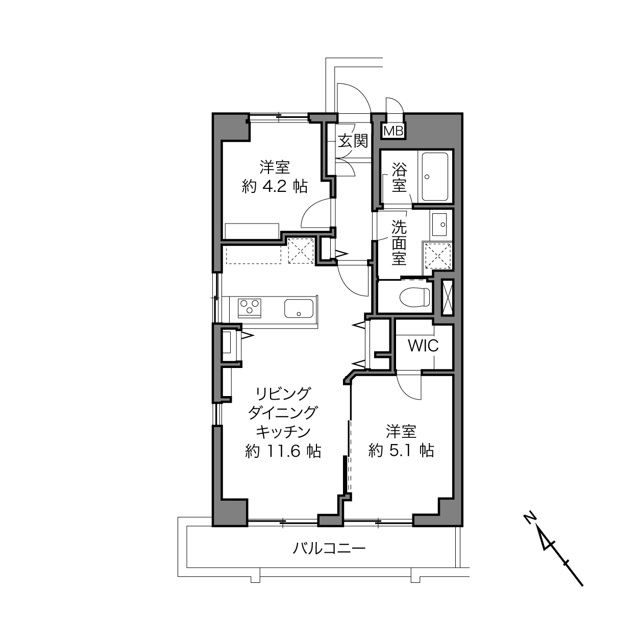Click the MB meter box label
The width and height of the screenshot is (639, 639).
pyautogui.click(x=394, y=131)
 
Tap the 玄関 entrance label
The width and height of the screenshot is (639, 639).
pyautogui.click(x=353, y=141)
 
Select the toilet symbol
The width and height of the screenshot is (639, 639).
pyautogui.click(x=414, y=296)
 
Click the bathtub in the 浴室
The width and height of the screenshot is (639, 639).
pyautogui.click(x=435, y=177)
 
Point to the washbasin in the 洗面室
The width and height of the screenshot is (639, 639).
pyautogui.click(x=440, y=225)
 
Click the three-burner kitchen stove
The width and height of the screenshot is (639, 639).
pyautogui.click(x=250, y=308)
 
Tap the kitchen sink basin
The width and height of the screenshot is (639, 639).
pyautogui.click(x=299, y=308)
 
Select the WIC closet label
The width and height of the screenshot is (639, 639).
pyautogui.click(x=423, y=346)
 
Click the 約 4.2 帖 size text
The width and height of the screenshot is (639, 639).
pyautogui.click(x=275, y=187)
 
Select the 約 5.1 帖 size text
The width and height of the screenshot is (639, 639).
pyautogui.click(x=401, y=451)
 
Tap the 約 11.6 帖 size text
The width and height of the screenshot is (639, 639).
pyautogui.click(x=283, y=451)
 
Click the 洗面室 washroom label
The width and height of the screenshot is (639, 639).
pyautogui.click(x=399, y=242)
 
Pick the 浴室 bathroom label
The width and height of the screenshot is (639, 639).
pyautogui.click(x=399, y=178)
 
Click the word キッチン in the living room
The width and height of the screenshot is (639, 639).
pyautogui.click(x=283, y=432)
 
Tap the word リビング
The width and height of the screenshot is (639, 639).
pyautogui.click(x=283, y=394)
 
